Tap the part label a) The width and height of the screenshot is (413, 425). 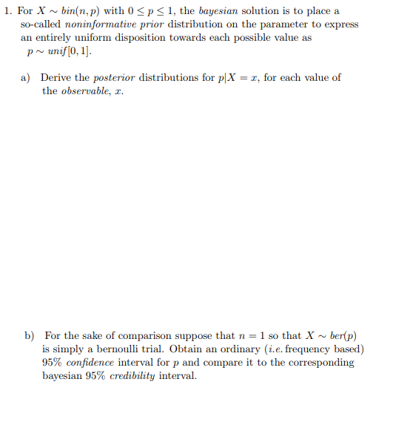coord(25,77)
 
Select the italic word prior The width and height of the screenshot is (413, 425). coord(152,24)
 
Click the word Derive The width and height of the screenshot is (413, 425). coord(56,77)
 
